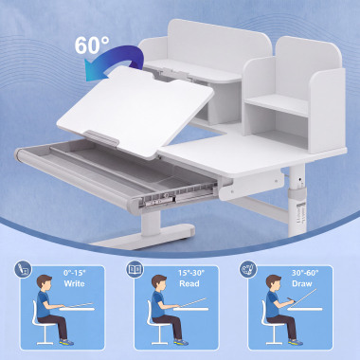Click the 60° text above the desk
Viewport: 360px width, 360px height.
coord(92,45)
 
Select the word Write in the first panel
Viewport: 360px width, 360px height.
coord(74,283)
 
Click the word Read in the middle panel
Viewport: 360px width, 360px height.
coord(189,283)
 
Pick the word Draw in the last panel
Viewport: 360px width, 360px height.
coord(302,283)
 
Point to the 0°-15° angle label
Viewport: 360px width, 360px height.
coord(75,273)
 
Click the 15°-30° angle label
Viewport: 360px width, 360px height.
coord(191,273)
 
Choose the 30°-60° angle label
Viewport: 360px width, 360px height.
coord(305,273)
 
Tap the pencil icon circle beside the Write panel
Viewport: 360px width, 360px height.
coord(23,269)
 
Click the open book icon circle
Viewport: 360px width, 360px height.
coord(135,269)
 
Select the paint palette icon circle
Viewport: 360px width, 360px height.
coord(248,269)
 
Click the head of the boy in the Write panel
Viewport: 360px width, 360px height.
coord(44,283)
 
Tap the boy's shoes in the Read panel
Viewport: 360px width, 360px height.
coord(181,342)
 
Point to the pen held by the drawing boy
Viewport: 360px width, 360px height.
coord(291,298)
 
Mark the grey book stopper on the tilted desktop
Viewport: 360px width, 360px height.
coord(101,138)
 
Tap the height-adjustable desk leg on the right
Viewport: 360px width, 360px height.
coord(297,201)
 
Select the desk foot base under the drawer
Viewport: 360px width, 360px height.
coord(144,237)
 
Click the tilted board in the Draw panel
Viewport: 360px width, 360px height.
coord(303,298)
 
